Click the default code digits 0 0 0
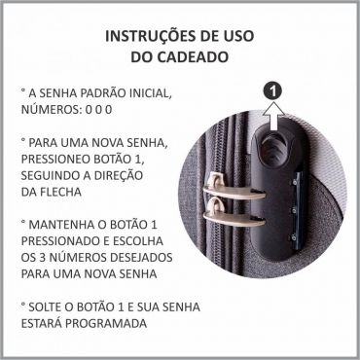[x=98, y=110]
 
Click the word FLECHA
[x=60, y=192]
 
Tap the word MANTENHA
[x=61, y=225]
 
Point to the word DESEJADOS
[x=141, y=258]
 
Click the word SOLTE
[x=47, y=306]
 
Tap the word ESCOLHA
[x=140, y=241]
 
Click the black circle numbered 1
[x=273, y=91]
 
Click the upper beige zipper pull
[x=233, y=190]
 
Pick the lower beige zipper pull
[x=233, y=215]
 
